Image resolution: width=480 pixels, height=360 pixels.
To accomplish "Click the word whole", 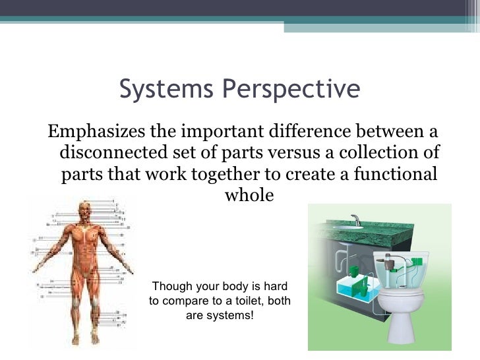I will point(249,196).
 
